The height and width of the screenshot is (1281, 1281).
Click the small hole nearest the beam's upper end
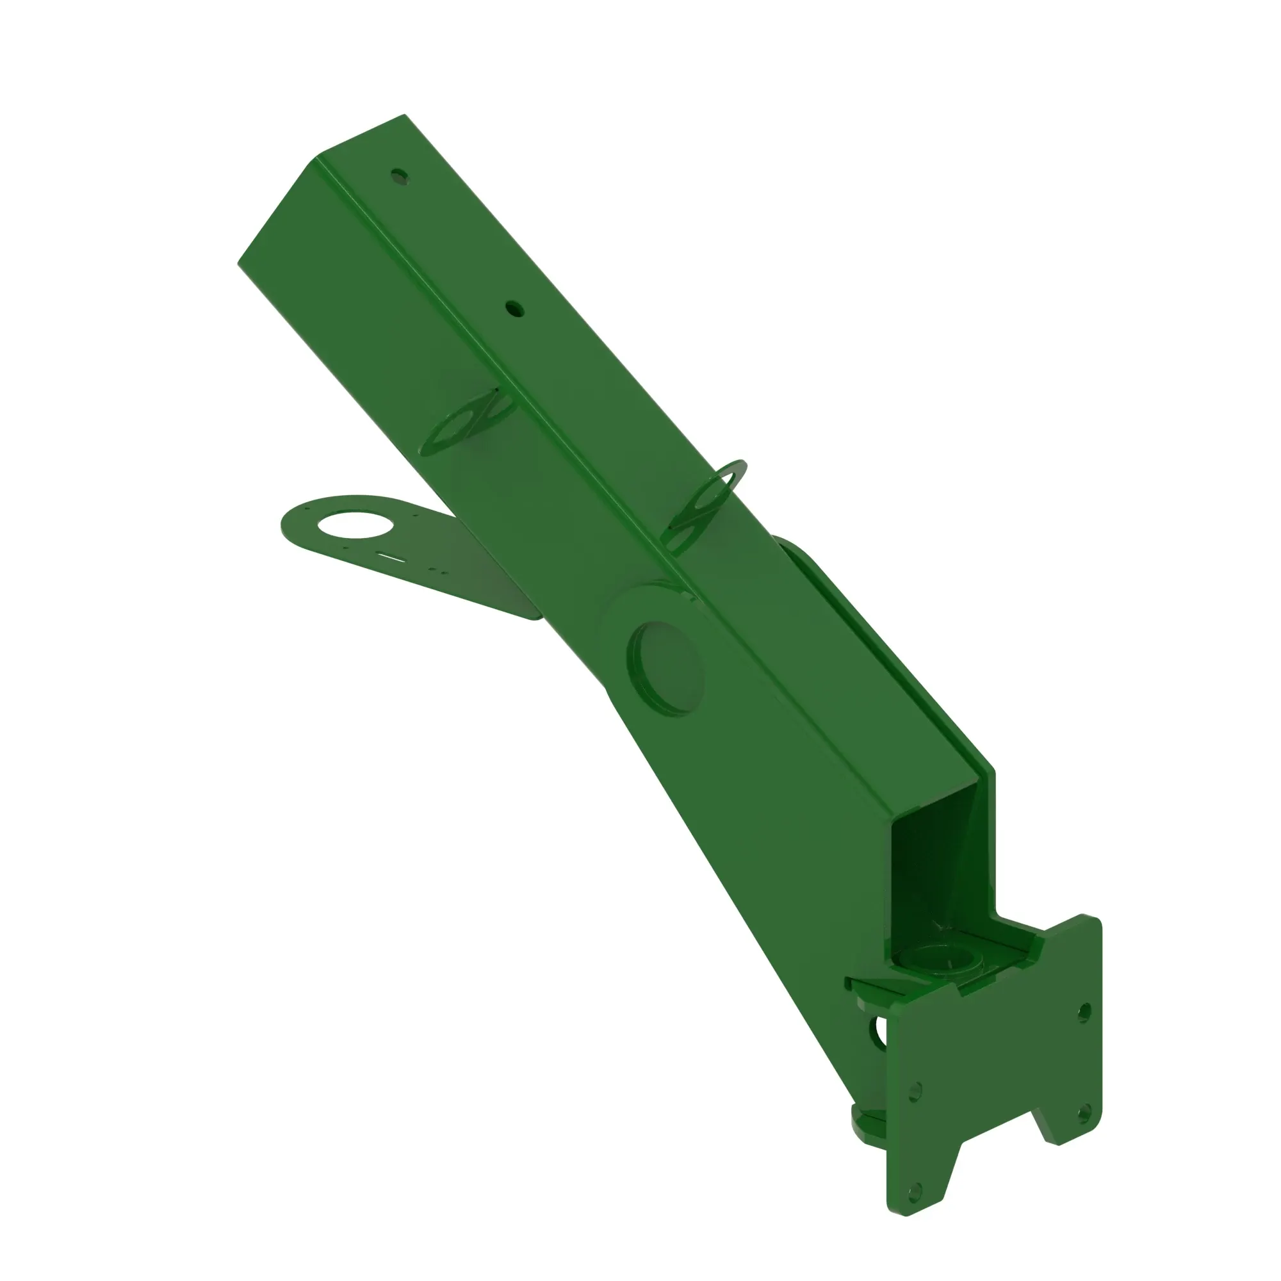pos(399,176)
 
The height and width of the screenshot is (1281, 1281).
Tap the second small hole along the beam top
pos(514,308)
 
